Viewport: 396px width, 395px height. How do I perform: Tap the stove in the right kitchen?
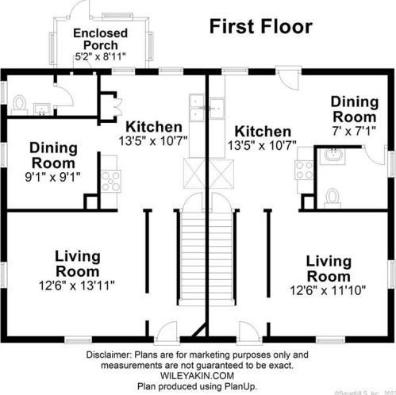(302, 167)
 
